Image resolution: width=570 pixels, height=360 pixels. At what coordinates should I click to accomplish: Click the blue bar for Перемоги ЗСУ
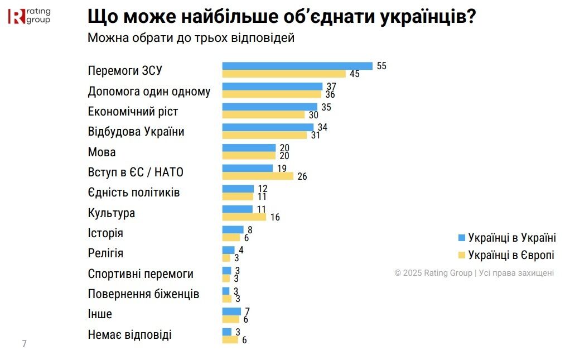297,66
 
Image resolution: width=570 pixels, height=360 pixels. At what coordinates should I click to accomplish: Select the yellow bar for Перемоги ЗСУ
284,74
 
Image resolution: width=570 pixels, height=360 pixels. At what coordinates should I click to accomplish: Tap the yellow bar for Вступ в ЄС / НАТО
258,176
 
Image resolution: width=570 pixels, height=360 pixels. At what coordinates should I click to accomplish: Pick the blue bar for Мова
249,148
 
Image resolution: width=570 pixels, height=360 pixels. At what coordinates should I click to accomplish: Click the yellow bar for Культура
244,217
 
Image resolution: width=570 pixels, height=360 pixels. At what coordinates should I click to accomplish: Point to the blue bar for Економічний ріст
269,107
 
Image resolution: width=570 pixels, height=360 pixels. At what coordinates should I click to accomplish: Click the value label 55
381,66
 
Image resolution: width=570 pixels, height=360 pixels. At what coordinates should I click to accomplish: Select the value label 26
302,176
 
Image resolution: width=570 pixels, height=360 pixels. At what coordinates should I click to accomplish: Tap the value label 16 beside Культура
275,217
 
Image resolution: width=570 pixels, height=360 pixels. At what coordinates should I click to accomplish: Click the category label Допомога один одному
149,92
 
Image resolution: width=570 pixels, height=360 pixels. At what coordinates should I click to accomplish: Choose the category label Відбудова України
136,132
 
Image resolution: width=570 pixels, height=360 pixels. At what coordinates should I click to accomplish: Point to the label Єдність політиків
134,193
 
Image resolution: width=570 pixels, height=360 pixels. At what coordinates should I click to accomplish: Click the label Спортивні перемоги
141,274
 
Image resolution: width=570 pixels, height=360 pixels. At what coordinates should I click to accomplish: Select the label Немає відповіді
130,335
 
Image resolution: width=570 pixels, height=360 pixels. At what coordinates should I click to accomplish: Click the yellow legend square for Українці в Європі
461,255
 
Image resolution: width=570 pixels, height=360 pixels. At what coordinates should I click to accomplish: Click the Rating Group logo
29,16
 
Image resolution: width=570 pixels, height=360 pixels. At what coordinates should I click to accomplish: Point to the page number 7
24,343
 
